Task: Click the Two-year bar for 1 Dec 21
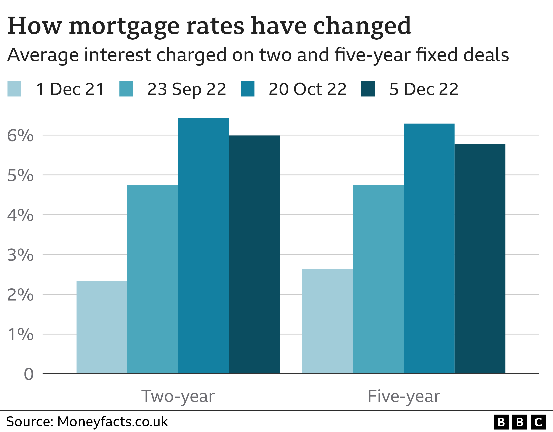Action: (102, 327)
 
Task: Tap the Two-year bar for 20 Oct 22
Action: (203, 245)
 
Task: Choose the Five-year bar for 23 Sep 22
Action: (378, 279)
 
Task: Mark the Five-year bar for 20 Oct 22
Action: (429, 248)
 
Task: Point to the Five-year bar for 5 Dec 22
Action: (480, 258)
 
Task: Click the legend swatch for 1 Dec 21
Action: (14, 89)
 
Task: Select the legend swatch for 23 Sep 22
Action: (126, 89)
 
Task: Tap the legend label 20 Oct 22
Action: (307, 89)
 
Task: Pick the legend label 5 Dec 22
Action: (424, 89)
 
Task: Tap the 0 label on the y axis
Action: (29, 374)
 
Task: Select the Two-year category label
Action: (178, 396)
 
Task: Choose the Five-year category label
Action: (404, 396)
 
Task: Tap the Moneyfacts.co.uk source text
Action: (112, 422)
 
